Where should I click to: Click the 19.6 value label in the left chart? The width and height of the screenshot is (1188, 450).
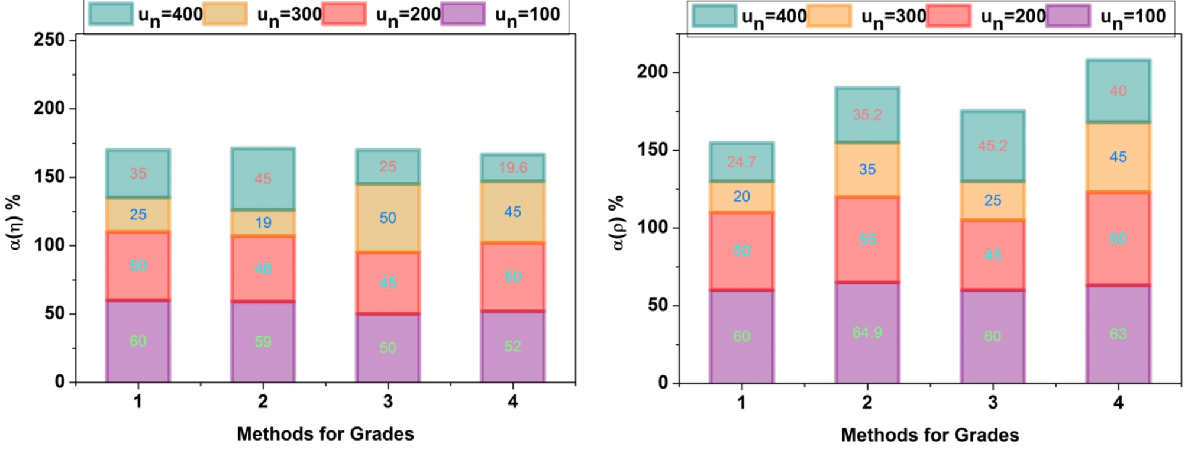click(512, 167)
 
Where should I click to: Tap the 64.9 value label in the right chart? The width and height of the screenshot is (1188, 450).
click(867, 332)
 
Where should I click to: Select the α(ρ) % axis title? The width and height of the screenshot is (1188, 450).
click(617, 223)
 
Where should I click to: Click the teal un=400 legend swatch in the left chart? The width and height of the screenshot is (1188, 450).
click(111, 14)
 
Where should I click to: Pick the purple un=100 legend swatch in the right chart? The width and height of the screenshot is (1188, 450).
click(1067, 16)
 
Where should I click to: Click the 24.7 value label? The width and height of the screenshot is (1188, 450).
click(741, 161)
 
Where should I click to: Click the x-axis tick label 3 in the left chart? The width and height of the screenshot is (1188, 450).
click(388, 402)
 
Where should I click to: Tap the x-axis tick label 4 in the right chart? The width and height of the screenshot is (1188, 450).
click(1118, 403)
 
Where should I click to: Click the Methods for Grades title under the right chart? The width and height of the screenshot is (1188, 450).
click(929, 435)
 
